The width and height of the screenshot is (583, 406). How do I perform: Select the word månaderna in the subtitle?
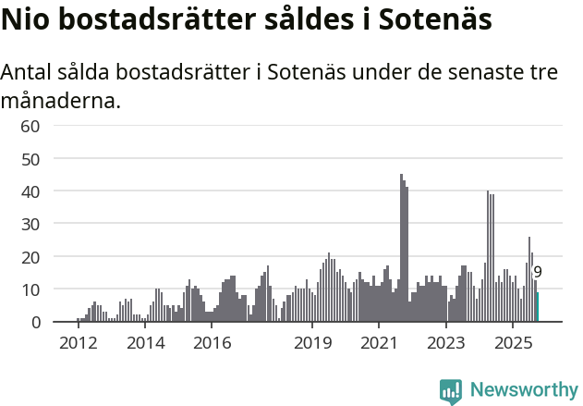61,101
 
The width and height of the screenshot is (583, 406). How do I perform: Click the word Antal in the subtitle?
30,73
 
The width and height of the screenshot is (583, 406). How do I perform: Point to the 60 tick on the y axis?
30,126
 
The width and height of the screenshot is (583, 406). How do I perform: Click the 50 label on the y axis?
30,159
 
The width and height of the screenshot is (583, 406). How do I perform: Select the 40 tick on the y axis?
30,191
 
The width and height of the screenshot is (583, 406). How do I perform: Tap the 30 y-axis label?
30,224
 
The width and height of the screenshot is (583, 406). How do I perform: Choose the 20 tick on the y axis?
30,257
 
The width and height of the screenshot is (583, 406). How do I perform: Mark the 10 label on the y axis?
30,289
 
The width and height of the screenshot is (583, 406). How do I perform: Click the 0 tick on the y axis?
35,323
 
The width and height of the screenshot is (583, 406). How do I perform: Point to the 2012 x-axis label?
78,344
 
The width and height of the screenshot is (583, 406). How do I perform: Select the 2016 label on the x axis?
212,344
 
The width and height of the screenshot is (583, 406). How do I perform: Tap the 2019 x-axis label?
312,344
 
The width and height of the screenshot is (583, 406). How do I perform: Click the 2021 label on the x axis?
379,344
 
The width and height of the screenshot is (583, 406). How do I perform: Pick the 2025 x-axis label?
513,344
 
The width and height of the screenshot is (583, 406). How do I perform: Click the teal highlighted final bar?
538,307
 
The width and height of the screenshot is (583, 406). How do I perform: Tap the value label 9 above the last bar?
538,273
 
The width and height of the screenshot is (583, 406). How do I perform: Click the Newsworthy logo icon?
451,391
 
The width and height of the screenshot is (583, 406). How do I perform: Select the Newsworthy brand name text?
523,390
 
